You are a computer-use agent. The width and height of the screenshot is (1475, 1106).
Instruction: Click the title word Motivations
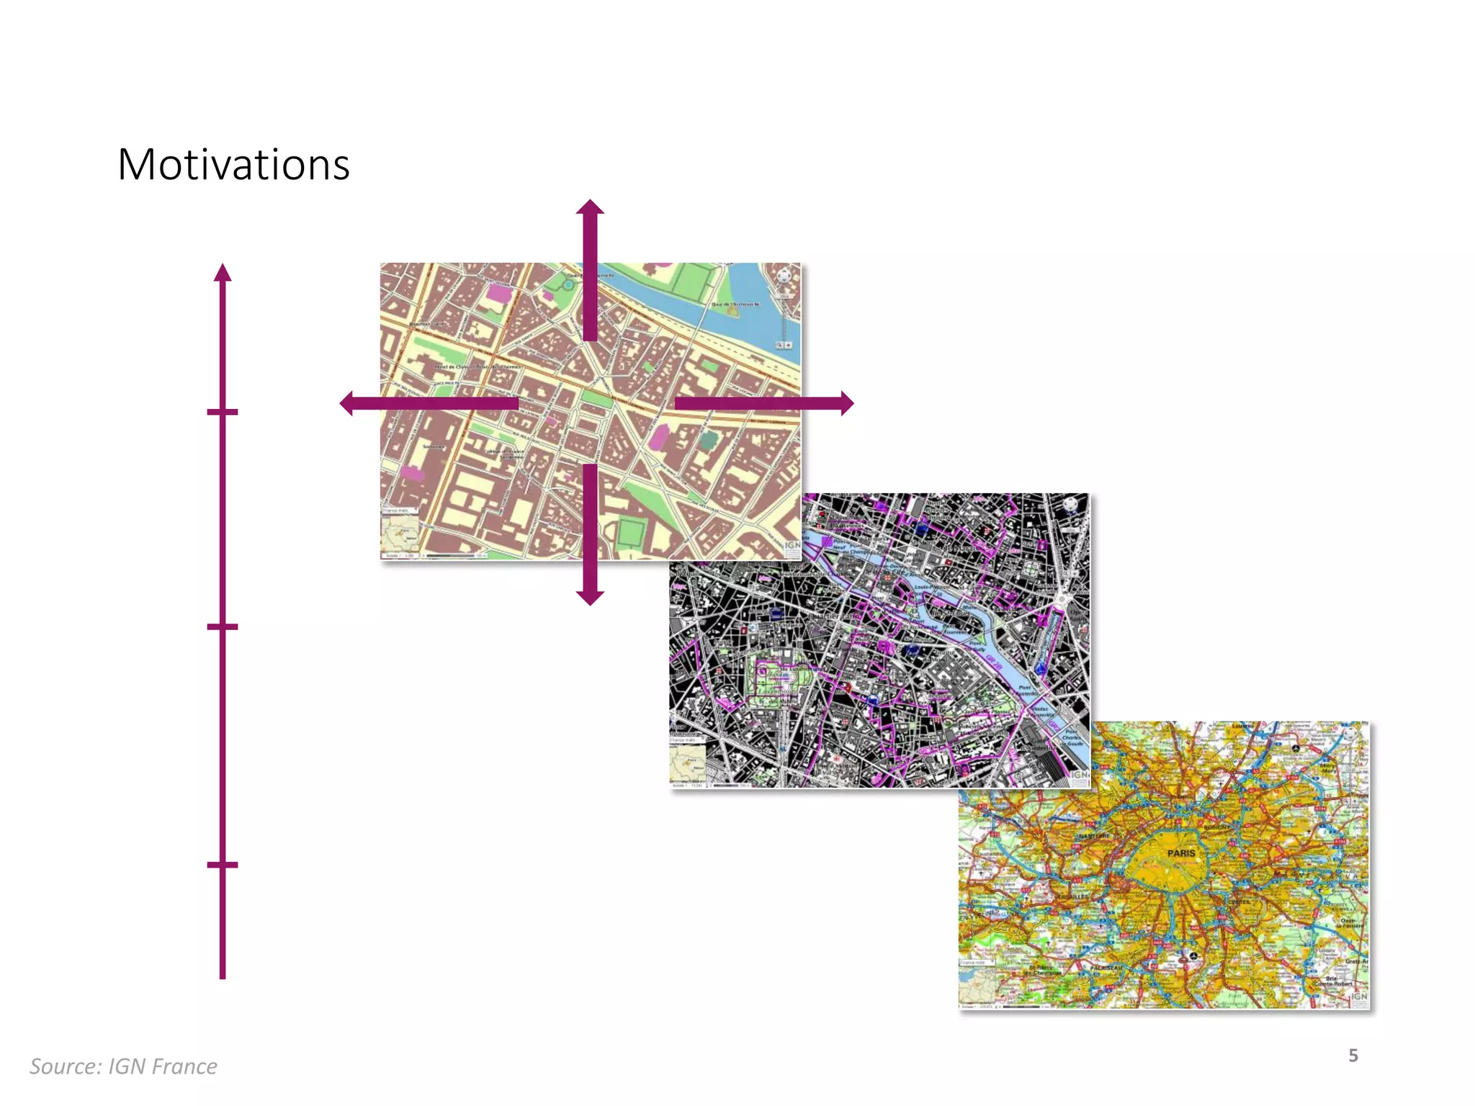[233, 165]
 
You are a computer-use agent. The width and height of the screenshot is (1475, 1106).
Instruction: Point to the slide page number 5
[1353, 1056]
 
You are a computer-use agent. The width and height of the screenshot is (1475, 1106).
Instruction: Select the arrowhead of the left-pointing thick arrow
[347, 403]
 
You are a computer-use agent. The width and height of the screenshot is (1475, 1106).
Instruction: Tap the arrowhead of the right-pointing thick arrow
[847, 403]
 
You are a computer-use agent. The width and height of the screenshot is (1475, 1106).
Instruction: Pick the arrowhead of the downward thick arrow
[590, 598]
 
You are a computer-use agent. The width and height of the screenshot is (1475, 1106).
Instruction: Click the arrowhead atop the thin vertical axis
[223, 272]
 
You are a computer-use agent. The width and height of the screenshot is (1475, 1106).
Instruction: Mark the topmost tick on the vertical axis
[223, 412]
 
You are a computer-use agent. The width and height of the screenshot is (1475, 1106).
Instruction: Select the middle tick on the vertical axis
[223, 627]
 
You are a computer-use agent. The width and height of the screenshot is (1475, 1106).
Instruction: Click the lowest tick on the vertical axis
[223, 864]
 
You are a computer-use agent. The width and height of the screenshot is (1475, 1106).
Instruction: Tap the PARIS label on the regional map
[1181, 853]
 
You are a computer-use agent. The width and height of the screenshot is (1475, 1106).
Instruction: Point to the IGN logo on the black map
[1080, 775]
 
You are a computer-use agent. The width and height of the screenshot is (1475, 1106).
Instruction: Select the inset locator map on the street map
[400, 534]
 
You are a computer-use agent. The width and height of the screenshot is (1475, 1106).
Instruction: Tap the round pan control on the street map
[785, 276]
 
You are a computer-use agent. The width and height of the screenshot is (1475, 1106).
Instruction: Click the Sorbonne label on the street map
[435, 447]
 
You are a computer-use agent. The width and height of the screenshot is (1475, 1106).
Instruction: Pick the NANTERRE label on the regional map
[1093, 836]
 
